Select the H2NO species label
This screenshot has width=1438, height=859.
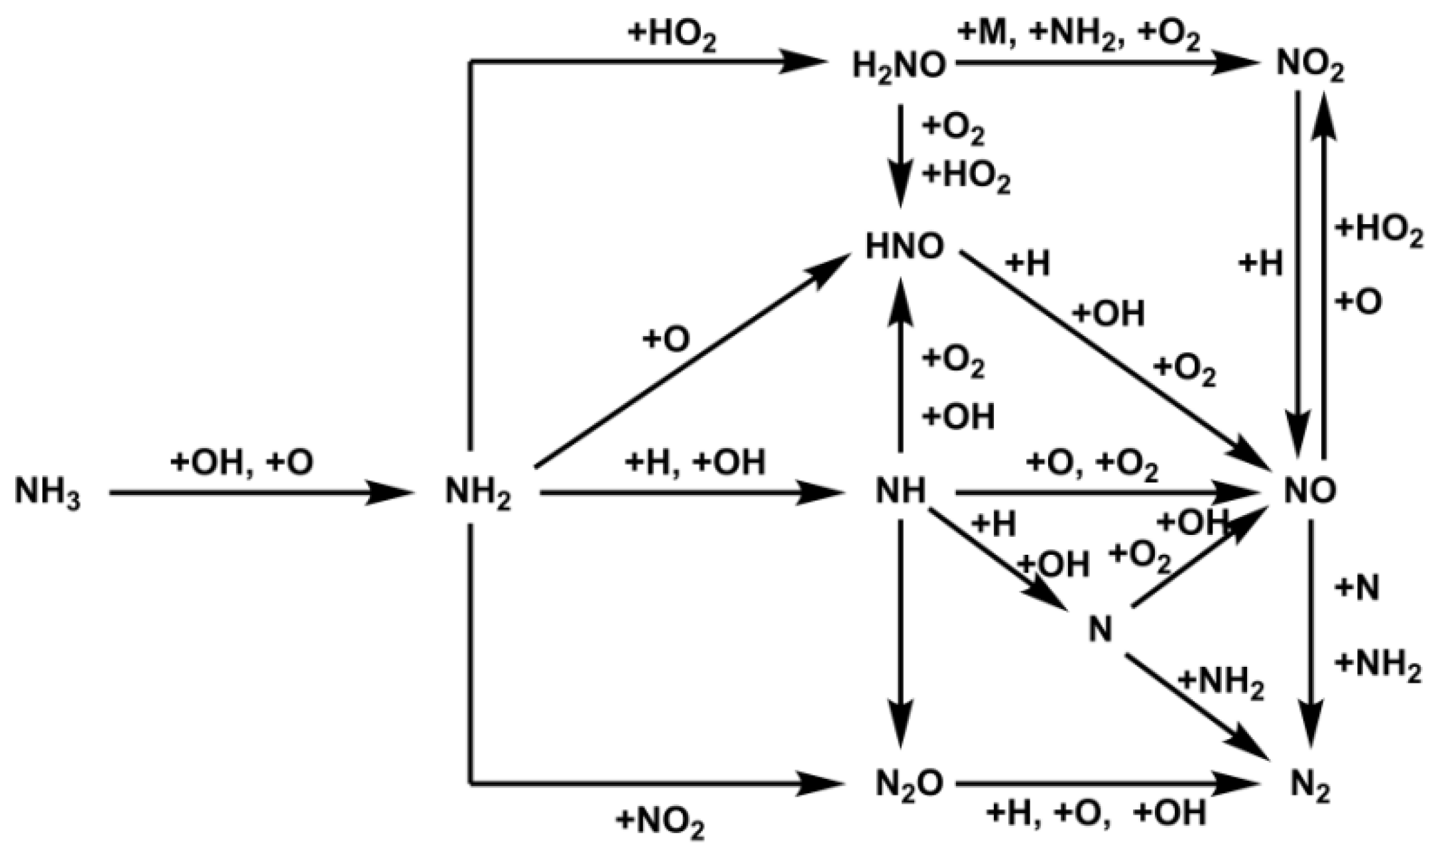pos(898,66)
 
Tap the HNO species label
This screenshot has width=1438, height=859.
pos(904,247)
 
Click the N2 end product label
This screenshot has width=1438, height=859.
pos(1309,788)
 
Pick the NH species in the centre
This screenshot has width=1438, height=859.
pos(900,492)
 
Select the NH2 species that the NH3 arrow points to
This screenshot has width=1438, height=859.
pos(477,494)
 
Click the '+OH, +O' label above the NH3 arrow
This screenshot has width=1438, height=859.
pos(241,463)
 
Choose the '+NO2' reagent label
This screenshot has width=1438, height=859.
pos(660,823)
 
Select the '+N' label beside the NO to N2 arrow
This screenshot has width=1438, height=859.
pos(1358,588)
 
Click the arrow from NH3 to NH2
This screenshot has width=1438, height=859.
pos(259,493)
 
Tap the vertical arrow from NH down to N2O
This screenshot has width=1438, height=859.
pos(901,630)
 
